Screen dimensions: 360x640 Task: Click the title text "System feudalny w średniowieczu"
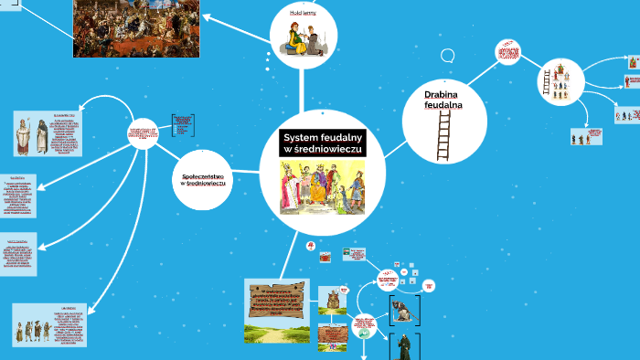(x=324, y=143)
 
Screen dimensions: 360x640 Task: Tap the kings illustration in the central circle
(x=322, y=187)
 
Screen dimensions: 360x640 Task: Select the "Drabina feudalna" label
(x=443, y=100)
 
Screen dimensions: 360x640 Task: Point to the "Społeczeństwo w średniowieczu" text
(x=203, y=179)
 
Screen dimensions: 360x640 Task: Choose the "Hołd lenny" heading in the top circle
(x=304, y=16)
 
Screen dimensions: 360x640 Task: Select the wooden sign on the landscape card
(x=277, y=297)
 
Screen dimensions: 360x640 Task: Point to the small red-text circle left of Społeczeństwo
(x=143, y=134)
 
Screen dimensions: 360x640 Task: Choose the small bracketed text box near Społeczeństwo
(x=182, y=126)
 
